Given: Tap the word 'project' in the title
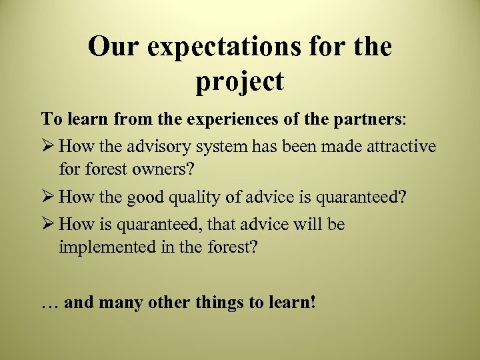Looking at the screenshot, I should click(240, 82).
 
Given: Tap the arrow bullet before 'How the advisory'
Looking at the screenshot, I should click(48, 145).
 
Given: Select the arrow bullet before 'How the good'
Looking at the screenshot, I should click(48, 197).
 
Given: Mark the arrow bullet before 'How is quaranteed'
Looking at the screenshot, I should click(48, 224).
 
